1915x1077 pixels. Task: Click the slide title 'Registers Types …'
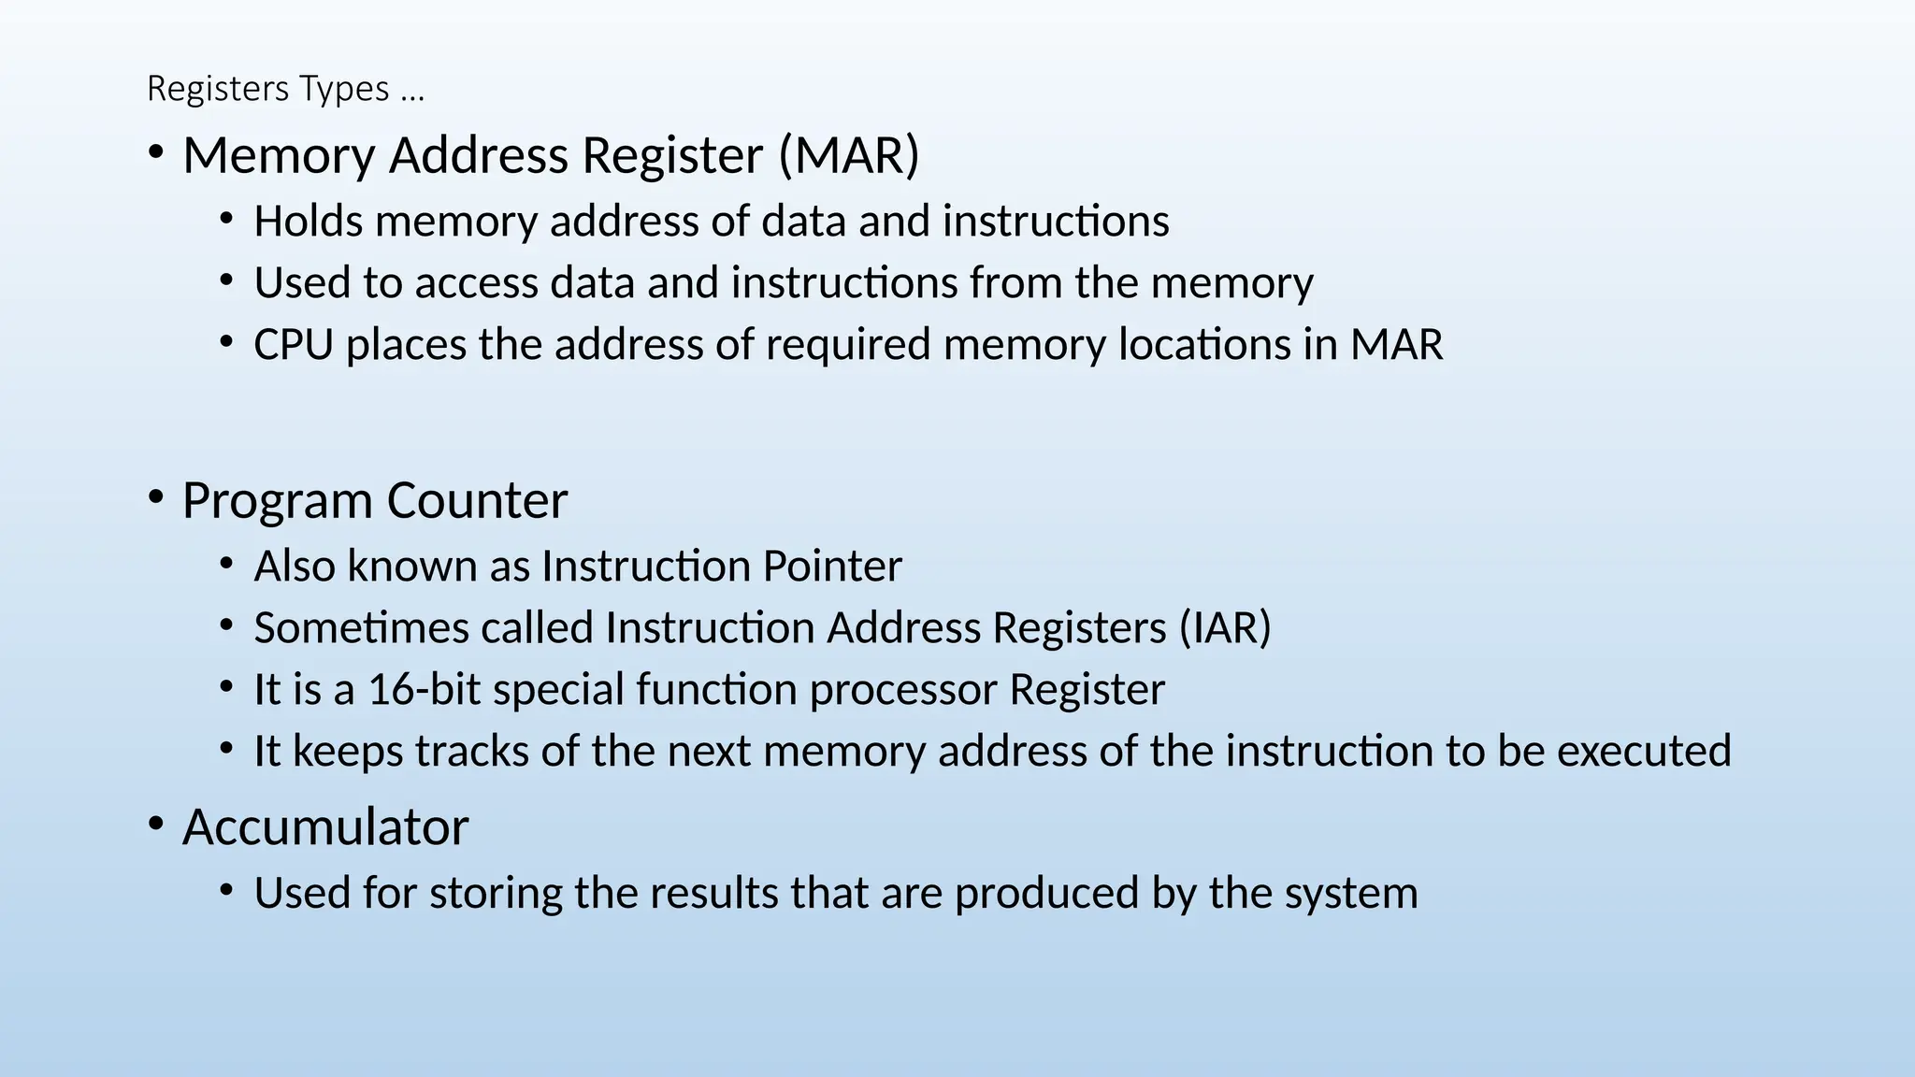(285, 89)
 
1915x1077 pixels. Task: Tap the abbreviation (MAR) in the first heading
(849, 155)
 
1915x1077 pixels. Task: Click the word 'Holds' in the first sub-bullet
(308, 222)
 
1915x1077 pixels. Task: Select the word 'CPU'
(293, 345)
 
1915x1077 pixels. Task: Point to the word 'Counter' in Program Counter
(476, 501)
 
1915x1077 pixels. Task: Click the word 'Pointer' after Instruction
(832, 567)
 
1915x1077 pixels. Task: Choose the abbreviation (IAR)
(1225, 627)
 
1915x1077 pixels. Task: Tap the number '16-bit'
(424, 690)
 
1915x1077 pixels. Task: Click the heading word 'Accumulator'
(325, 827)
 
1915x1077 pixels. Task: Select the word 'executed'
(1643, 752)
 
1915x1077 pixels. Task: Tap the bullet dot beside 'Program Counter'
(156, 497)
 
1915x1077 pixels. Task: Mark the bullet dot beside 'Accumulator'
(156, 824)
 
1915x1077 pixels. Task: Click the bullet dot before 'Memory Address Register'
(156, 151)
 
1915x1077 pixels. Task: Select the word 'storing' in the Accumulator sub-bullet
(496, 894)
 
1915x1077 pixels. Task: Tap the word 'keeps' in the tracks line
(348, 752)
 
